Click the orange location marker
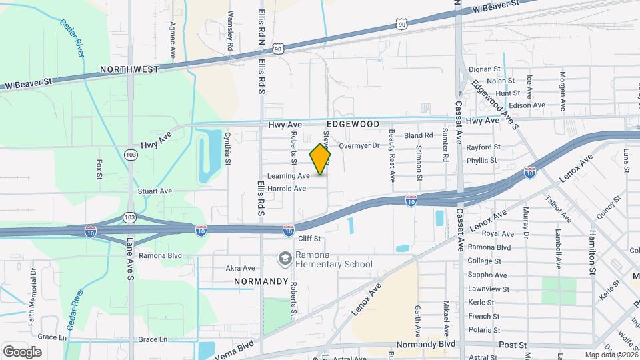(x=321, y=159)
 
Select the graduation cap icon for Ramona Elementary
(x=285, y=258)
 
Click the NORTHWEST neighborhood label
(x=130, y=69)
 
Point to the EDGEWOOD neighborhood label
(x=353, y=125)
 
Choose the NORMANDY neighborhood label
(x=261, y=281)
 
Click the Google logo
(x=23, y=351)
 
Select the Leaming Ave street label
(x=288, y=176)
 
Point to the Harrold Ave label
(x=286, y=189)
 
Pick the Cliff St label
(x=309, y=238)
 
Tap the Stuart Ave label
(x=155, y=191)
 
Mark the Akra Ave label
(x=241, y=268)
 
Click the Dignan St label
(x=485, y=69)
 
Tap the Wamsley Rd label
(x=230, y=31)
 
